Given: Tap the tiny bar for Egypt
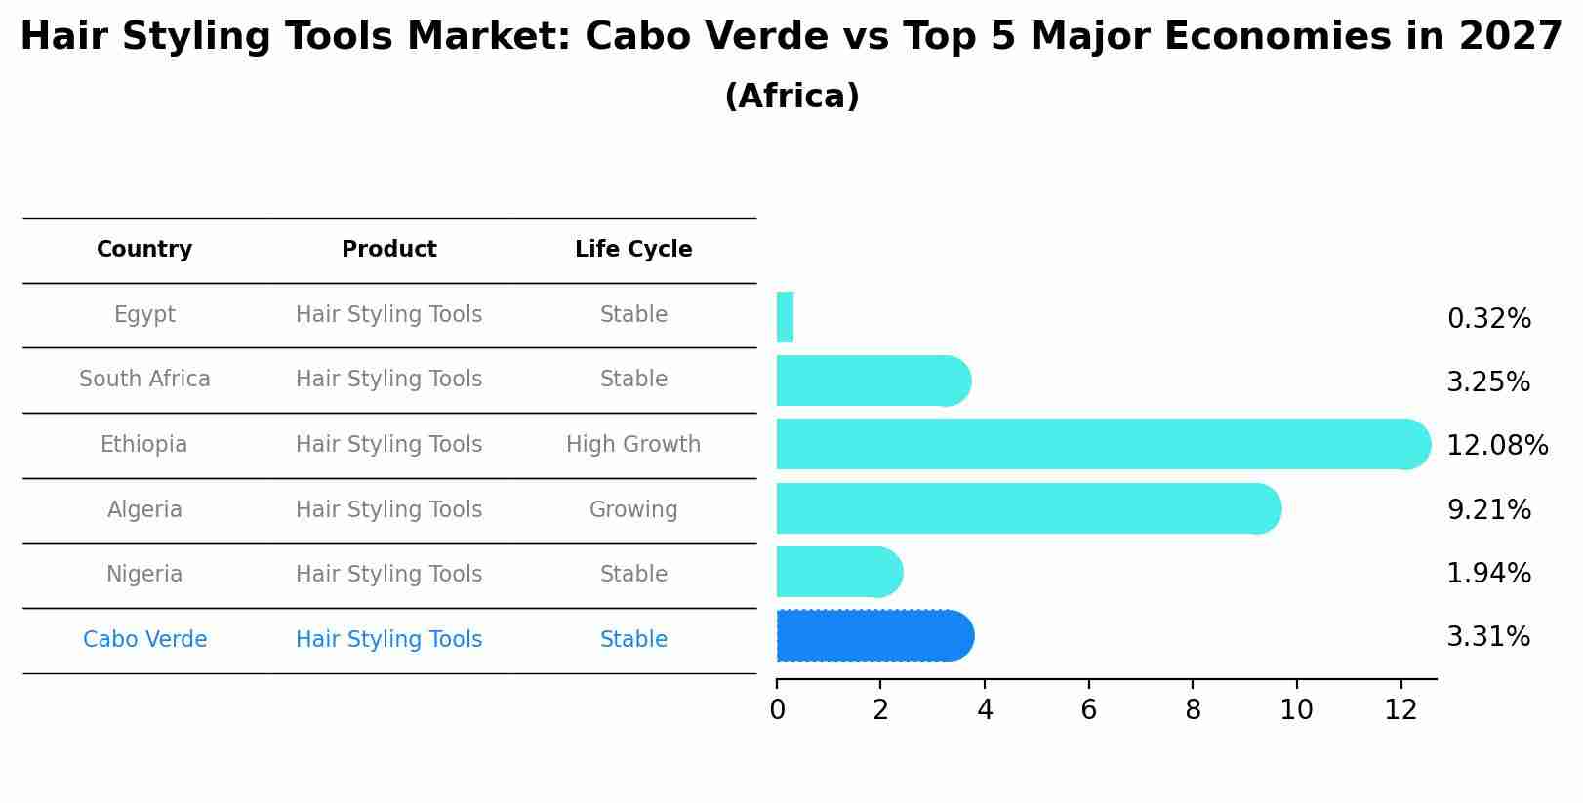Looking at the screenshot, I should click(785, 317).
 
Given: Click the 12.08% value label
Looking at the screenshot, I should click(1496, 446).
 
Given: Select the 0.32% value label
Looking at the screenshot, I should click(1488, 319).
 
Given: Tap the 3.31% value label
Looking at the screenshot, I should click(1487, 637).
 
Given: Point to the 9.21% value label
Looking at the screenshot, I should click(1488, 510).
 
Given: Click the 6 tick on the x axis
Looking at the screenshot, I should click(1088, 710).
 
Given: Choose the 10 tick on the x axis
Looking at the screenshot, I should click(1296, 710).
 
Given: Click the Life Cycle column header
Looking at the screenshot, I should click(633, 250).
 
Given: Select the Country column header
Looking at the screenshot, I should click(144, 250).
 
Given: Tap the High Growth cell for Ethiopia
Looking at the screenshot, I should click(633, 445).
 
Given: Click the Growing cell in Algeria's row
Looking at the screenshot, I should click(633, 510).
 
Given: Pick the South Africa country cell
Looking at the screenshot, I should click(144, 380).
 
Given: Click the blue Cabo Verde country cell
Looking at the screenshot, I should click(144, 640).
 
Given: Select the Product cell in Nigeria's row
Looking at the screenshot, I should click(388, 575).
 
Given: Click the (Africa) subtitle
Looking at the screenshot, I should click(791, 97).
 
